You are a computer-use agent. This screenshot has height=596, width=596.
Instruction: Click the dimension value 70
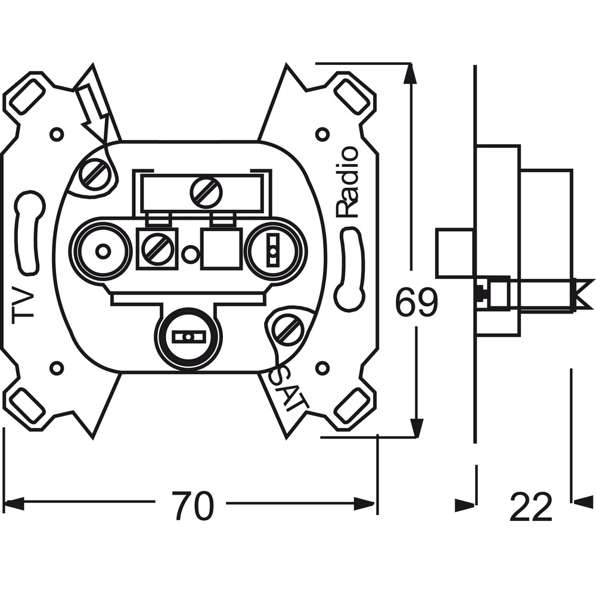click(x=193, y=505)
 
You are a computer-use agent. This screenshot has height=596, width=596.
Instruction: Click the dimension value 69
click(x=417, y=302)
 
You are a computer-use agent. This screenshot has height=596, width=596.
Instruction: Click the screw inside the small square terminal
click(x=157, y=249)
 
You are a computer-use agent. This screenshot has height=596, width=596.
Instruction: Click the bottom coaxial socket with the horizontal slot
click(x=188, y=336)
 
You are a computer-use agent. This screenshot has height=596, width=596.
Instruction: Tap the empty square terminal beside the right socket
click(x=222, y=249)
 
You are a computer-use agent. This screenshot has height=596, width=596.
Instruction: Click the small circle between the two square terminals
click(x=190, y=252)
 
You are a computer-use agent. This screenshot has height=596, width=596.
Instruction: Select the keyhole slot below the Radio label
click(x=349, y=267)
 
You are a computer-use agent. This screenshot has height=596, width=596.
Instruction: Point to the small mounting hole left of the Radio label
click(x=322, y=134)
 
